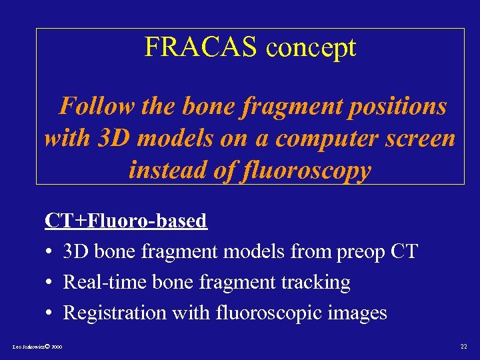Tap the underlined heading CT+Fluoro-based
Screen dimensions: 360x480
tap(126, 221)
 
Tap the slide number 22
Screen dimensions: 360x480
tap(464, 347)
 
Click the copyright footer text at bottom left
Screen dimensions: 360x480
tap(37, 347)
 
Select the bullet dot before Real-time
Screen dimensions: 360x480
tap(49, 283)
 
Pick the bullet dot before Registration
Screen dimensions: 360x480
tap(49, 313)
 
